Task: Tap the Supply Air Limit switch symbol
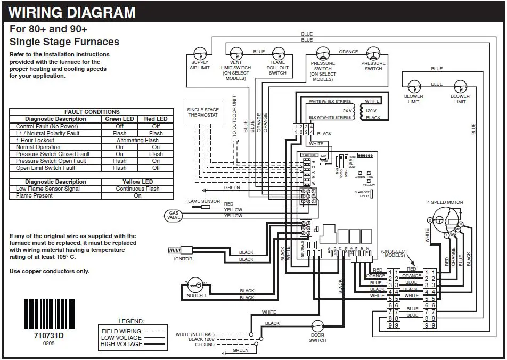(x=200, y=54)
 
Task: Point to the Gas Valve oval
(x=175, y=216)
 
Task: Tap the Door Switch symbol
(x=317, y=326)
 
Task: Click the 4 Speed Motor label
(x=445, y=202)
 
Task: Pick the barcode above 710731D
(x=48, y=314)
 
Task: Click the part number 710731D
(x=48, y=336)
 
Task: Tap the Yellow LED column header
(x=137, y=182)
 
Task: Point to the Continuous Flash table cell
(x=137, y=189)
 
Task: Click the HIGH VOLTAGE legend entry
(x=121, y=344)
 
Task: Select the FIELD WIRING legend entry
(x=121, y=331)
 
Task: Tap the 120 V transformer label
(x=371, y=110)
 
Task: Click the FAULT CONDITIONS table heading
(x=92, y=112)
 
